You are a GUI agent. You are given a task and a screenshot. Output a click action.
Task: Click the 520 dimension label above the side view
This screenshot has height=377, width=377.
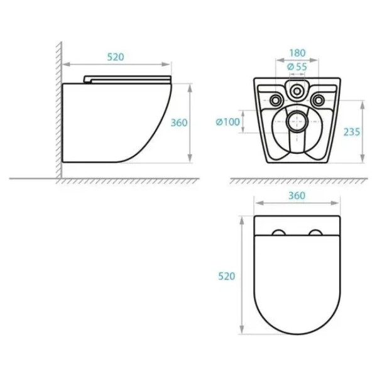(116, 57)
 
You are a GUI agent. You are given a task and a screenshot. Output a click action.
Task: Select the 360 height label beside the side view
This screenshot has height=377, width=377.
(179, 123)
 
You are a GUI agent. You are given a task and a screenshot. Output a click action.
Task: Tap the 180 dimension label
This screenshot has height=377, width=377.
(297, 53)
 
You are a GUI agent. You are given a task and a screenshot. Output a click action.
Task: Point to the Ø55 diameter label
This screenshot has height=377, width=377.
(297, 67)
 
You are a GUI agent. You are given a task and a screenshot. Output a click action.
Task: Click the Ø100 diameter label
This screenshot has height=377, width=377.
(227, 122)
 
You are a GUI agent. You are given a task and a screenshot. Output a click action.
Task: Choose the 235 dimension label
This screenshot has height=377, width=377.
(352, 132)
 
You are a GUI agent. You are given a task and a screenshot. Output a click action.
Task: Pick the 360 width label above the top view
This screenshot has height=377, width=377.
(297, 195)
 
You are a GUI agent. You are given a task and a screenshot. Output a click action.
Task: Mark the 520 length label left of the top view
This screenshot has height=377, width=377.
(226, 276)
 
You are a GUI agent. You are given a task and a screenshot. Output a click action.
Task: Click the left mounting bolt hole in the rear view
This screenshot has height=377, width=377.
(276, 100)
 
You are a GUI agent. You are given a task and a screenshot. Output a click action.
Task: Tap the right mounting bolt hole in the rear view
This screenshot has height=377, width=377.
(318, 100)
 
